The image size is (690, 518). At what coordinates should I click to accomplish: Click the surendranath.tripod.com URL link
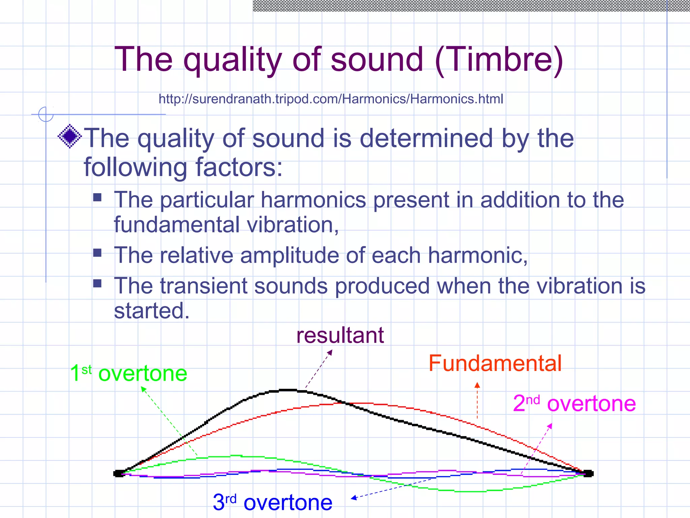point(331,99)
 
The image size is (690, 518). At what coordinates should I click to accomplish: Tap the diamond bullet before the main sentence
point(70,137)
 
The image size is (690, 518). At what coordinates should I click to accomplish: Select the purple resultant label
point(340,336)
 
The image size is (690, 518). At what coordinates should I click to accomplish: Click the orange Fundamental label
point(495,364)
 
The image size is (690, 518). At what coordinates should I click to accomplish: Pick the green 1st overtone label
point(129,373)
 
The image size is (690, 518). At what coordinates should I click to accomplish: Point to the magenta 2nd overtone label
point(574,403)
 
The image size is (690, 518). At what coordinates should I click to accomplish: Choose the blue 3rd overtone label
point(273,502)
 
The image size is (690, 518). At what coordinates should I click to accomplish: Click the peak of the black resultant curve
point(287,390)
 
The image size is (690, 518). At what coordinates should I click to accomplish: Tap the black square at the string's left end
point(118,473)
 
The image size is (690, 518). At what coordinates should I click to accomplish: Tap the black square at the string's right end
point(588,473)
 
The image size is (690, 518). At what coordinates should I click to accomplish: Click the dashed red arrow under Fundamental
point(477,401)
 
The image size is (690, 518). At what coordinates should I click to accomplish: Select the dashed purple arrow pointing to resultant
point(319,369)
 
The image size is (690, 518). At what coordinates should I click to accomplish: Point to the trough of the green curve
point(470,491)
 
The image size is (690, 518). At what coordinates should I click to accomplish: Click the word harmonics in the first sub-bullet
point(313,200)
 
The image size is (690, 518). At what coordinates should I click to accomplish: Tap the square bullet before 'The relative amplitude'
point(97,253)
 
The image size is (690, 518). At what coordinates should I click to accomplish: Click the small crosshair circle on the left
point(46,114)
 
